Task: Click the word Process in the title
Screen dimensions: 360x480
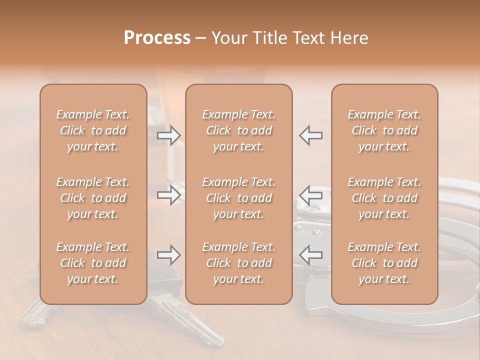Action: pyautogui.click(x=157, y=38)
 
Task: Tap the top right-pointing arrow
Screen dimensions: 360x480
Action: pyautogui.click(x=168, y=135)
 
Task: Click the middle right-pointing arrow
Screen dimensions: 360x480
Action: pyautogui.click(x=168, y=195)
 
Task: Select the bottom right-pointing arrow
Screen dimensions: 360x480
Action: pyautogui.click(x=168, y=255)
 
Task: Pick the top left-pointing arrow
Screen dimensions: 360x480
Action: pyautogui.click(x=311, y=135)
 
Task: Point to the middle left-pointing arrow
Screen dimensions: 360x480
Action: pyautogui.click(x=311, y=195)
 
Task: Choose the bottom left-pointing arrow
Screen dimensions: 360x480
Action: pyautogui.click(x=311, y=255)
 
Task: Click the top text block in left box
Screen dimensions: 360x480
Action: pyautogui.click(x=93, y=130)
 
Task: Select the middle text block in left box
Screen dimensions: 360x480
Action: pyautogui.click(x=93, y=198)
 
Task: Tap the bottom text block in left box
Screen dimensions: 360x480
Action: pyautogui.click(x=93, y=263)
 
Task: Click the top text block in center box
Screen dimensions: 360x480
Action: pyautogui.click(x=239, y=130)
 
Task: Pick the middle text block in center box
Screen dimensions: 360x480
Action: pyautogui.click(x=239, y=198)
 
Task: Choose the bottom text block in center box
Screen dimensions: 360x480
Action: pyautogui.click(x=239, y=263)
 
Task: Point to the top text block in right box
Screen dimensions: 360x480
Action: pyautogui.click(x=384, y=130)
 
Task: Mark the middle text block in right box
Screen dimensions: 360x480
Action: pyautogui.click(x=384, y=198)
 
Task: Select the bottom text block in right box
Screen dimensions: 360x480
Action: pyautogui.click(x=384, y=263)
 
